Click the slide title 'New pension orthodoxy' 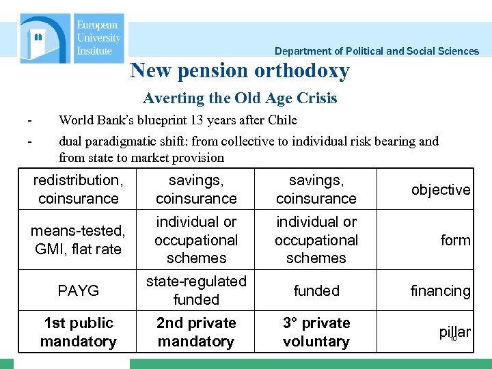coord(240,70)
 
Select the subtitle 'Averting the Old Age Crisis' coord(240,98)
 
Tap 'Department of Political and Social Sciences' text coord(377,51)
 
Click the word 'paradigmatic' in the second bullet coord(128,141)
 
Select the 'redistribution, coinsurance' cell coord(78,189)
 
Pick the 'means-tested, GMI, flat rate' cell coord(78,240)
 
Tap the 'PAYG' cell coord(78,290)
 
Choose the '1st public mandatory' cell coord(78,332)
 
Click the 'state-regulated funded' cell coord(196,290)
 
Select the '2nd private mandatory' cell coord(196,332)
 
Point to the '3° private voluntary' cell coord(316,332)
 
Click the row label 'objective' coord(441,190)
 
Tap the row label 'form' coord(455,241)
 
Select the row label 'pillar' coord(454,333)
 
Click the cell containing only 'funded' coord(316,290)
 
